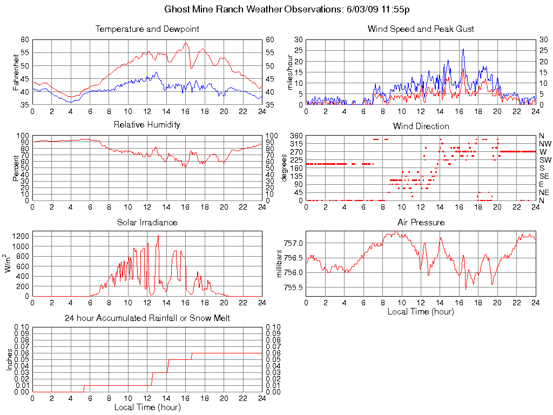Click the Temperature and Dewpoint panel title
[147, 29]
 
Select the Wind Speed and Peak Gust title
[421, 29]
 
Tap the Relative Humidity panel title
[147, 125]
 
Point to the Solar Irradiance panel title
[147, 222]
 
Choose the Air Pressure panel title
[421, 222]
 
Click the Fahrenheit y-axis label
[16, 71]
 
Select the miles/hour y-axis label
[290, 72]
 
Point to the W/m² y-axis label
[9, 264]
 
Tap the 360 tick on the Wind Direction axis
[296, 136]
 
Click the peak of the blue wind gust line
[463, 49]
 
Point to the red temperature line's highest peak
[185, 43]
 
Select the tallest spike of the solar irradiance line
[158, 236]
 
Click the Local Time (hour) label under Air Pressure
[421, 311]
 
